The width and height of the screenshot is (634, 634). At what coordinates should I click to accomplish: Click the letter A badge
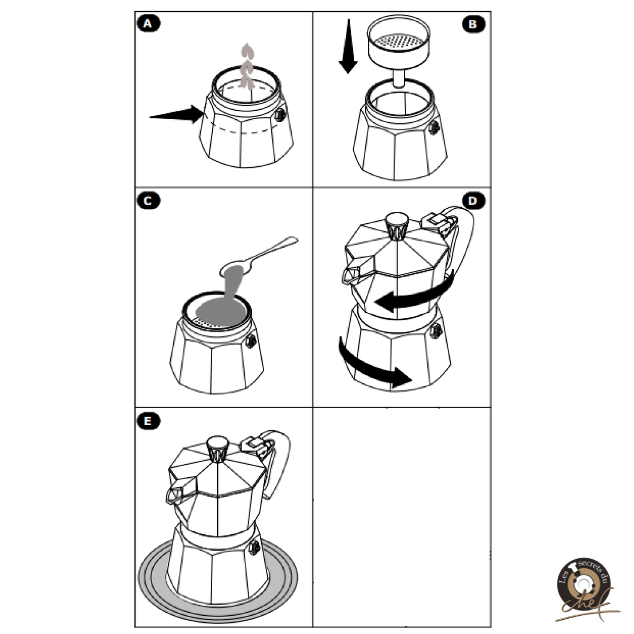coord(149,23)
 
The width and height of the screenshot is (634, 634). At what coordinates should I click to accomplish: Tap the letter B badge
coord(474,24)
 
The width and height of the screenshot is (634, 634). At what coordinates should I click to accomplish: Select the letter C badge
coord(149,201)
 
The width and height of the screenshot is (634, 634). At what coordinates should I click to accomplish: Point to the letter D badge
coord(474,201)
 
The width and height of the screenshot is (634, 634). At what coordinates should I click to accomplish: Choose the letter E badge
coord(149,421)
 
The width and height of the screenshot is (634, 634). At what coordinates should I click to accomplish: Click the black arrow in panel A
coord(177,115)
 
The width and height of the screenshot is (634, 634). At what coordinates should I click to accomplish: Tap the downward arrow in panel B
coord(348,46)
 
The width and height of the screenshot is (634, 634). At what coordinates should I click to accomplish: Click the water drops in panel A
coord(247,66)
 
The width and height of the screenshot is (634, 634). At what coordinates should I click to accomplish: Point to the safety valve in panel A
coord(280,115)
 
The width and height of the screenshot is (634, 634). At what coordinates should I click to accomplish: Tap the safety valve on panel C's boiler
coord(251,341)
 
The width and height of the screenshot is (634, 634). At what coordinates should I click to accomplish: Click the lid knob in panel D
coord(397,225)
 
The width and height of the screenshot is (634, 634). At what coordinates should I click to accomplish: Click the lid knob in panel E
coord(218,449)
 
